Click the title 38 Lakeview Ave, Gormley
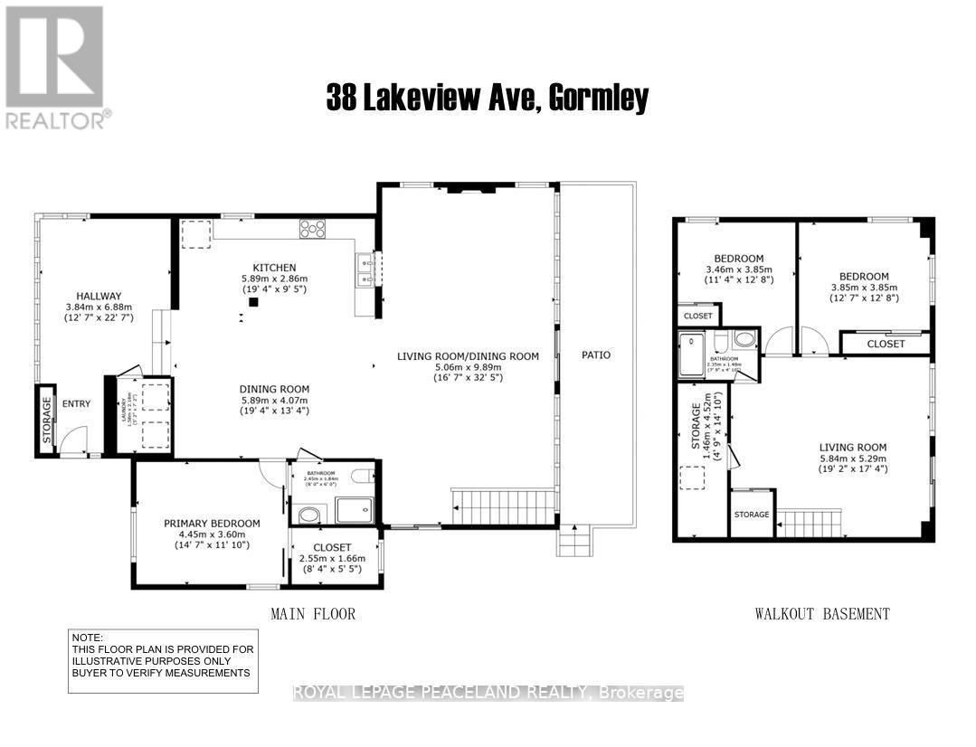[488, 98]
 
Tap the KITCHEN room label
[274, 267]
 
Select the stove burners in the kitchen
[313, 229]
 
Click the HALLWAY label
[99, 295]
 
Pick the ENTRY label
[77, 403]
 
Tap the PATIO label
[595, 355]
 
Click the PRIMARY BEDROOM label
[212, 523]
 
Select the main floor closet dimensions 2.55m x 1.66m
[334, 559]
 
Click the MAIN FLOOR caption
[313, 614]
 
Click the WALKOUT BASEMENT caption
[822, 614]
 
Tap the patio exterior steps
[573, 542]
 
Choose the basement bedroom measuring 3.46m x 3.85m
[739, 269]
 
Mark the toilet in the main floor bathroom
[362, 477]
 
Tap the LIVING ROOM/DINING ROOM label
[468, 355]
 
